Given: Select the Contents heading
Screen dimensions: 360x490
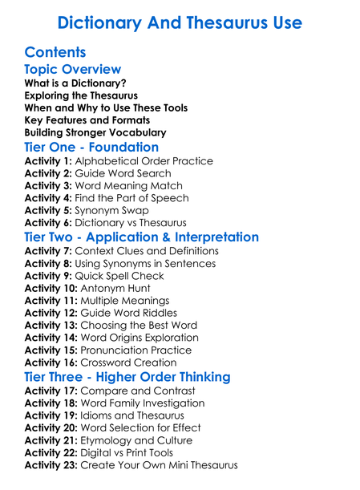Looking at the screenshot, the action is pyautogui.click(x=55, y=53).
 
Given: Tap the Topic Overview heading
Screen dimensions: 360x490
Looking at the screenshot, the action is pyautogui.click(x=73, y=70).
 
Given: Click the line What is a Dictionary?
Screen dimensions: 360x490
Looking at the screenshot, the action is pyautogui.click(x=75, y=83).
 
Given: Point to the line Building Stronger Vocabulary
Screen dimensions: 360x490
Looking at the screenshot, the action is pyautogui.click(x=95, y=132).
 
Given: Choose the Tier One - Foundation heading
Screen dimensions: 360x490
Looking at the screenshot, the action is pyautogui.click(x=91, y=148).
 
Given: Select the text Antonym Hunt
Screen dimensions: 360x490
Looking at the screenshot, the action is pyautogui.click(x=119, y=288).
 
